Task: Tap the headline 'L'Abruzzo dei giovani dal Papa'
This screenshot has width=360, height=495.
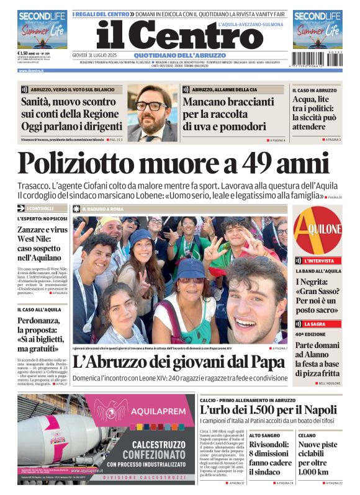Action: point(178,362)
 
